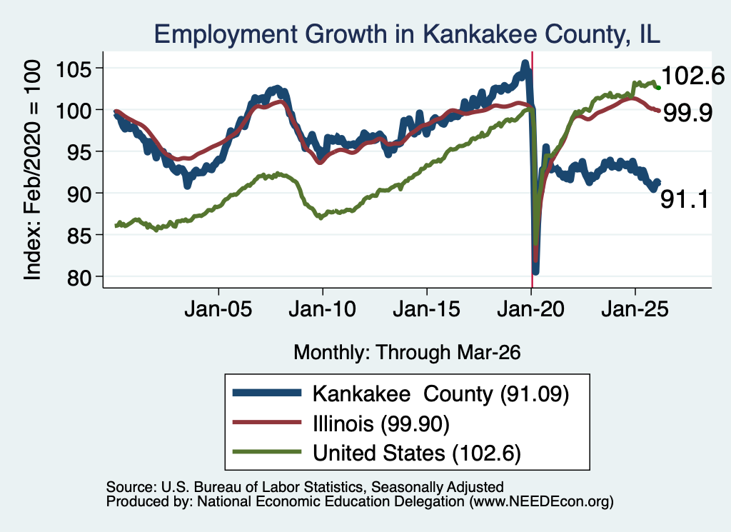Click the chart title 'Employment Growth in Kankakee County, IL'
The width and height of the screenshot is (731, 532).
click(x=407, y=34)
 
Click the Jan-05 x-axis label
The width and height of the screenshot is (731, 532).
click(x=218, y=309)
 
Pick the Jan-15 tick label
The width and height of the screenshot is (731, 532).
click(x=427, y=309)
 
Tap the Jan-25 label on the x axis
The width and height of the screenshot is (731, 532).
click(x=635, y=309)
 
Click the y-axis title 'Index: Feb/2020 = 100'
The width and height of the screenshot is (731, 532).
click(x=33, y=170)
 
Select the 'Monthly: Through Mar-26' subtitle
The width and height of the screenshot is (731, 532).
click(x=407, y=353)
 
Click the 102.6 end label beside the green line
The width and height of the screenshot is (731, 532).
click(x=692, y=76)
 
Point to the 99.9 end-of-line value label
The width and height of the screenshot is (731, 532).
click(x=687, y=113)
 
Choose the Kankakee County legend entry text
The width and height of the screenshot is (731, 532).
click(x=440, y=394)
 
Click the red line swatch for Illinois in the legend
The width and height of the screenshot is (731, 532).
click(x=267, y=423)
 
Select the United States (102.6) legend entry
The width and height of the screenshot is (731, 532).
click(x=417, y=453)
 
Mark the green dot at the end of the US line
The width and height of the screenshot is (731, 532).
click(x=658, y=88)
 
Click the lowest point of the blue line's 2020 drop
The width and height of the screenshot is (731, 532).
click(x=535, y=271)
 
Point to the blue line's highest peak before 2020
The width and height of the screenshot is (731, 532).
click(x=525, y=63)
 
